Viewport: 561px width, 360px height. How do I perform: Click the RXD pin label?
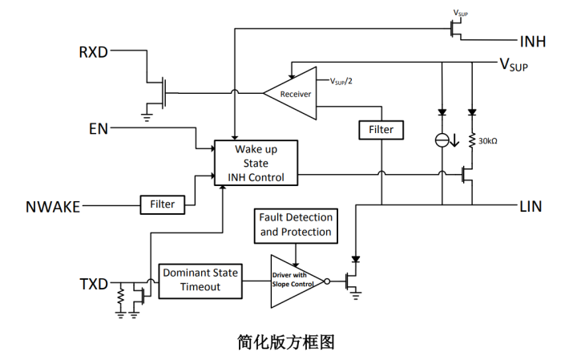(x=93, y=53)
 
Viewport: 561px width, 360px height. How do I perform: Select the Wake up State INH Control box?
(x=255, y=164)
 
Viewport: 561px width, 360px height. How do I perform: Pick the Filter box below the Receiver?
(x=381, y=129)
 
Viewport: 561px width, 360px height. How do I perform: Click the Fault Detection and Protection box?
(x=295, y=224)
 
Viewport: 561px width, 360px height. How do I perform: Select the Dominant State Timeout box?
(x=200, y=280)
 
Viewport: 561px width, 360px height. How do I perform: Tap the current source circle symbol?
(x=442, y=140)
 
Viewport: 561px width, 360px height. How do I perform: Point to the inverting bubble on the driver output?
(x=326, y=281)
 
